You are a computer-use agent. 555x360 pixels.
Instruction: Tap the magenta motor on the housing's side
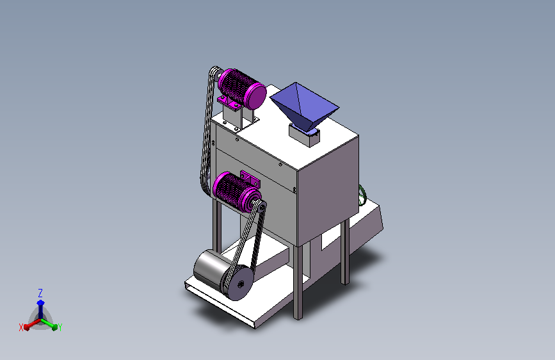tap(236, 192)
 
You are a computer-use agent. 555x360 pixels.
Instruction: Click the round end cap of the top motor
tap(256, 96)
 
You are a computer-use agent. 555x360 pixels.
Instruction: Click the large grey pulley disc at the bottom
tap(239, 282)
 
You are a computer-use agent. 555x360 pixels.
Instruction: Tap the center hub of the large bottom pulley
tap(241, 284)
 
